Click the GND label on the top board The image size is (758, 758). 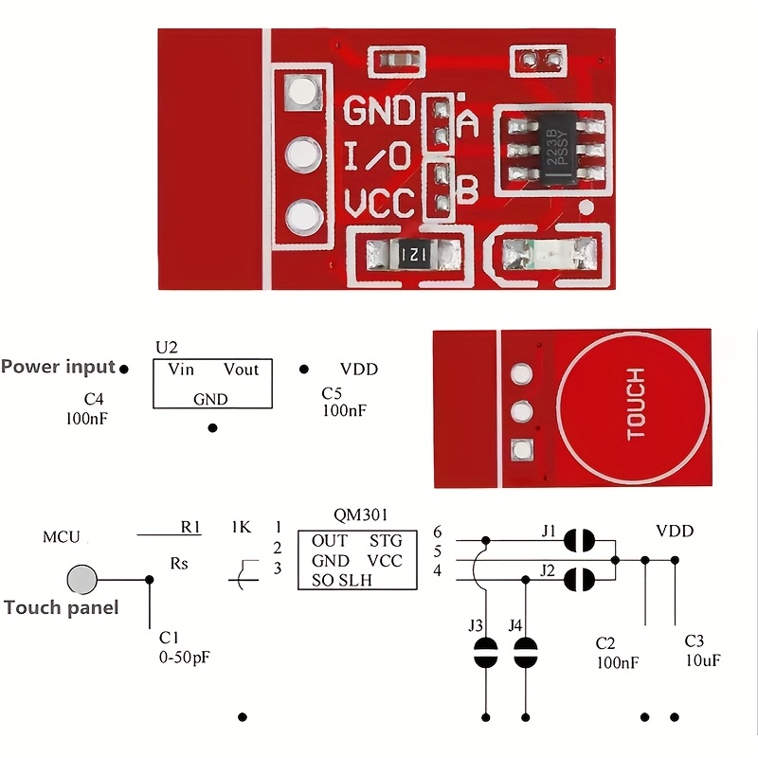(378, 111)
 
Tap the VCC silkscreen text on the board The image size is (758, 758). (379, 204)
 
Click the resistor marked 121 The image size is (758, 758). (414, 254)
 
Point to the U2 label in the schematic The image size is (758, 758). (166, 348)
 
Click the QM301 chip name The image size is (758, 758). (361, 515)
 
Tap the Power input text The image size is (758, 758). (59, 367)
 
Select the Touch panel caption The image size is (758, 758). (62, 607)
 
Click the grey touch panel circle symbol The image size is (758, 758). (82, 579)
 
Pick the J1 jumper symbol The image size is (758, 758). (578, 541)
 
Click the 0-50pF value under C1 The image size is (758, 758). (185, 655)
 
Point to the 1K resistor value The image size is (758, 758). (241, 527)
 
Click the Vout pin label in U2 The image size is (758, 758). (241, 370)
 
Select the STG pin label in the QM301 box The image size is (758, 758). (386, 541)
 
